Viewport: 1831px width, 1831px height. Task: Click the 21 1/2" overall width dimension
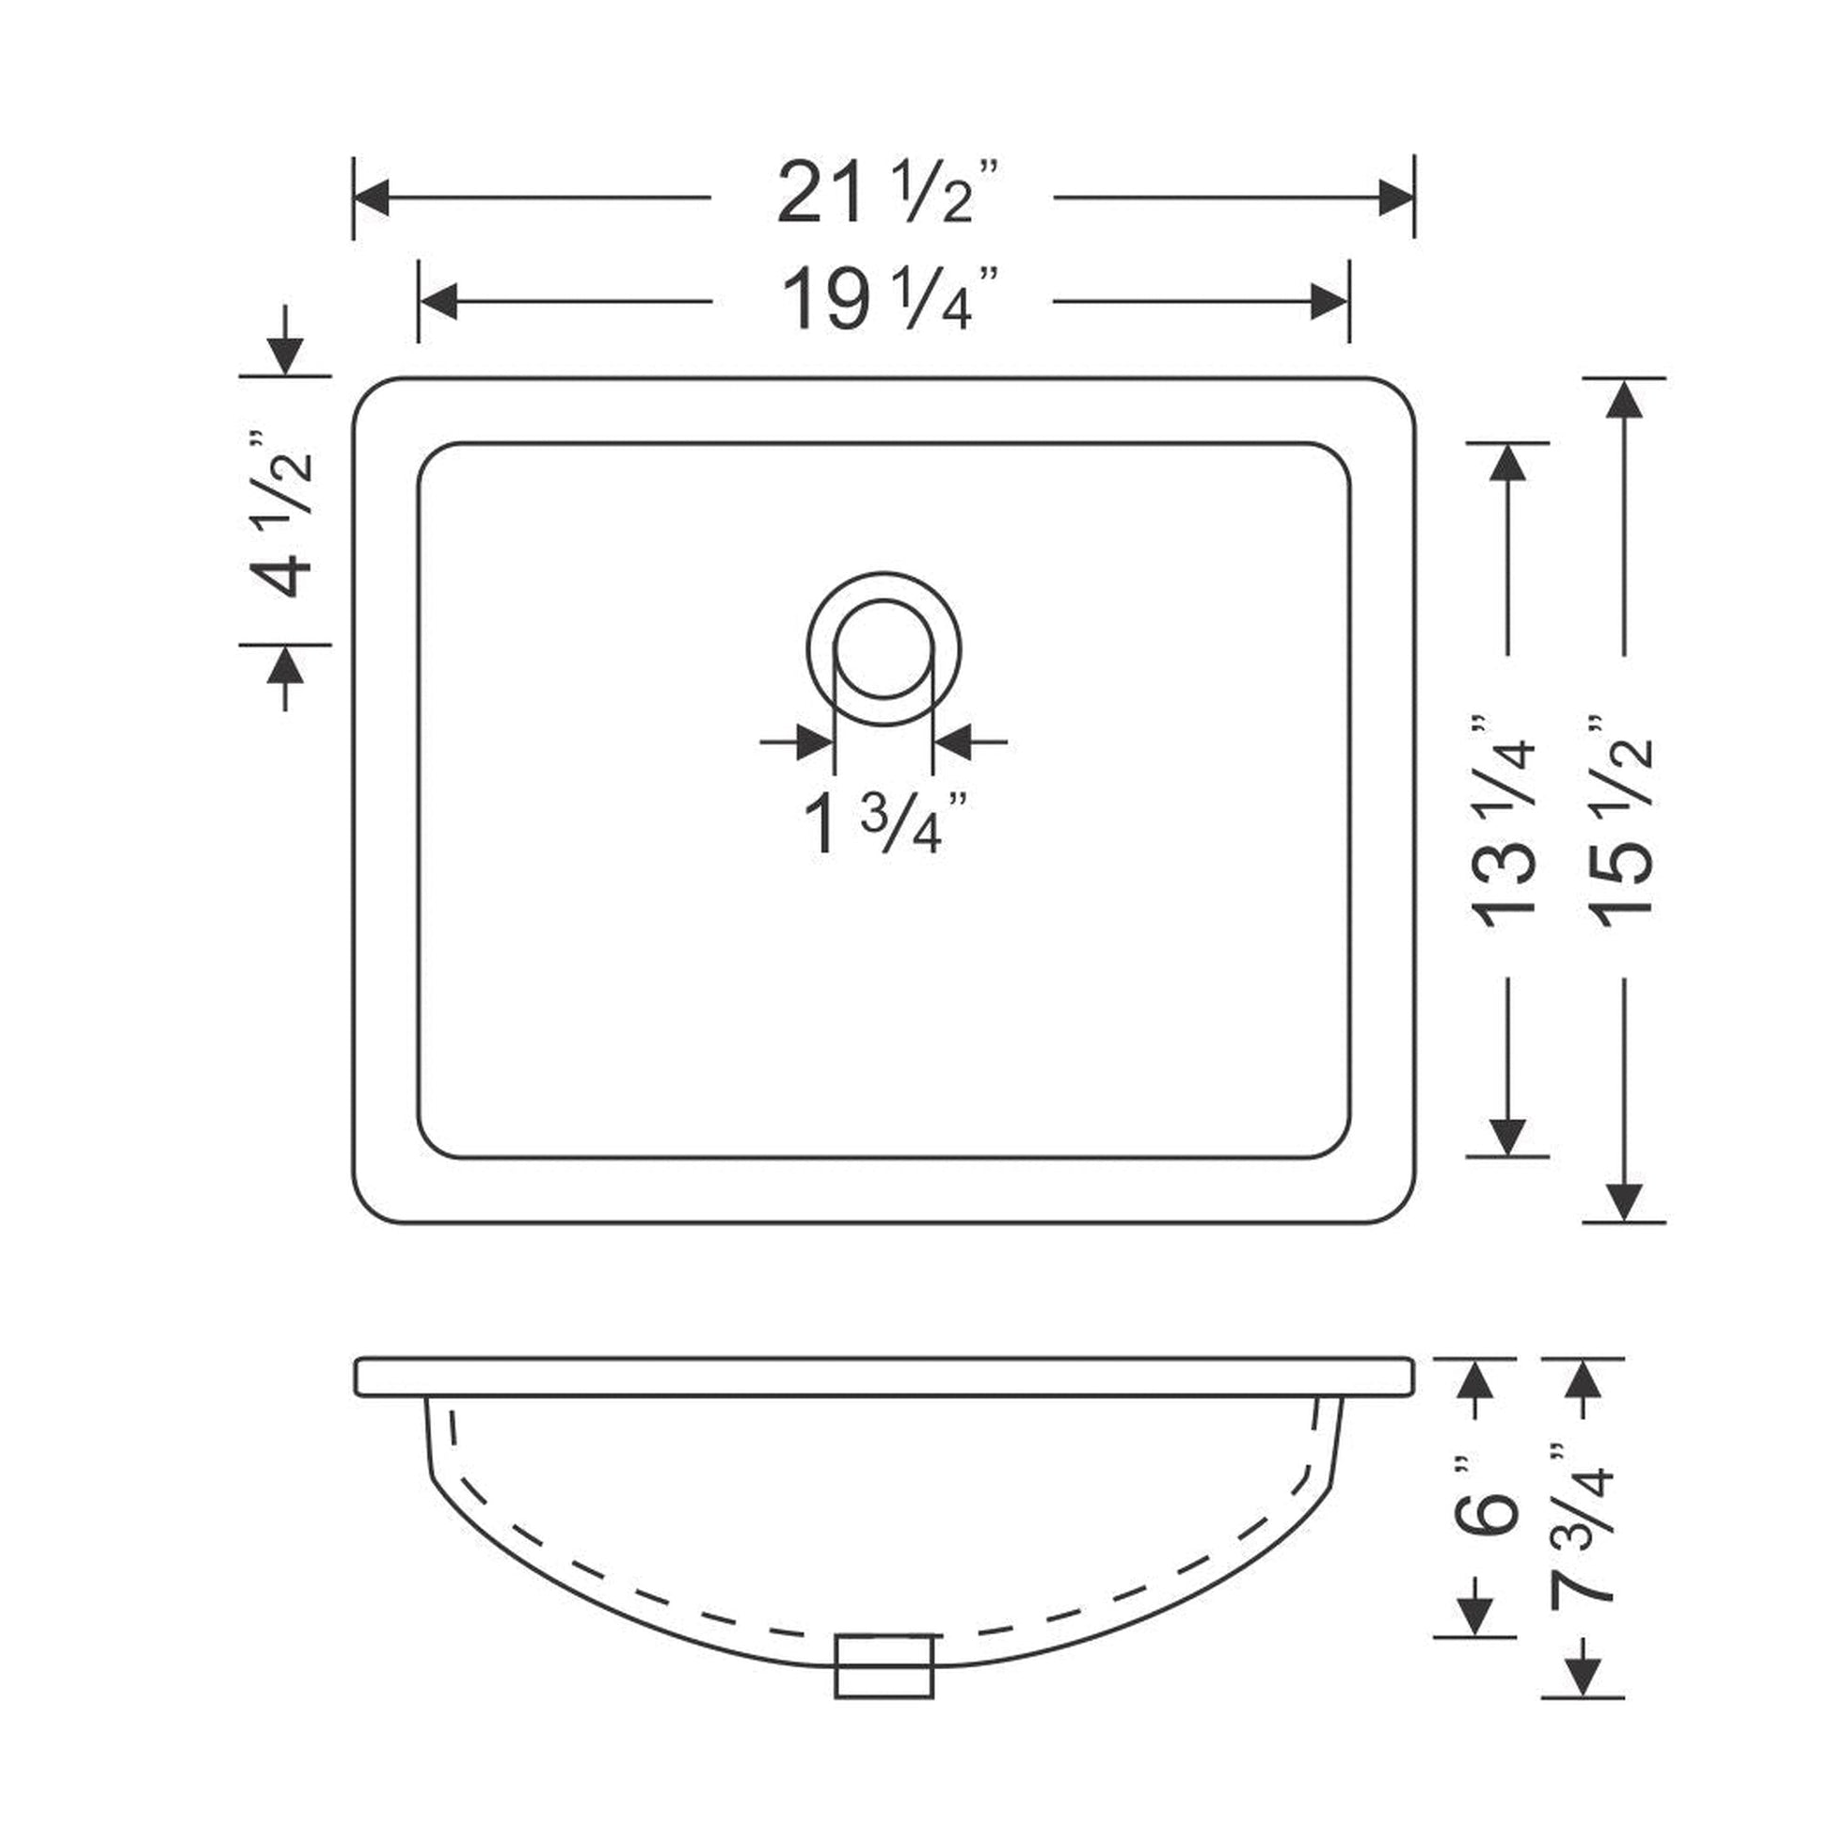pyautogui.click(x=887, y=194)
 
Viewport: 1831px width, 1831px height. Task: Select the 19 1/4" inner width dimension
pyautogui.click(x=887, y=299)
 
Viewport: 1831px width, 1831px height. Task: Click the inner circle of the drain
pyautogui.click(x=884, y=648)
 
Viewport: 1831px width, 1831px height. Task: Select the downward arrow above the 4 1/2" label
pyautogui.click(x=284, y=357)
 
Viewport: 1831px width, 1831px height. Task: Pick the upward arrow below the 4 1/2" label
pyautogui.click(x=284, y=667)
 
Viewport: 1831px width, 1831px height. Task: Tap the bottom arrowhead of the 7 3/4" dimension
pyautogui.click(x=1582, y=1678)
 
